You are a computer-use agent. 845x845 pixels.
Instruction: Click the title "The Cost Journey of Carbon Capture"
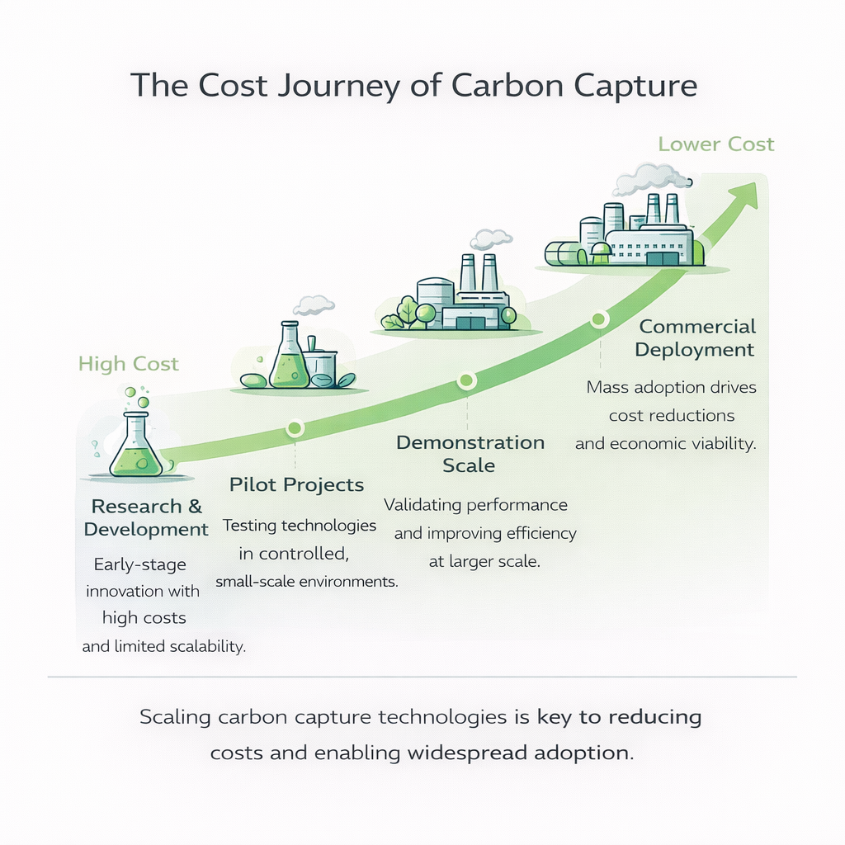point(413,85)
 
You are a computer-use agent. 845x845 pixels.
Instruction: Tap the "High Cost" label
point(129,364)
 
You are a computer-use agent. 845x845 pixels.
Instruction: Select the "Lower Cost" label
point(715,144)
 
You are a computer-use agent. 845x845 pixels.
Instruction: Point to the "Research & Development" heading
point(146,517)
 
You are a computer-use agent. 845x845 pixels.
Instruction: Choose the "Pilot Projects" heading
point(296,484)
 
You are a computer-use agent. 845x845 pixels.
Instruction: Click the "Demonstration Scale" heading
point(470,453)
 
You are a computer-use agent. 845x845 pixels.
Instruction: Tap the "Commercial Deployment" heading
point(696,338)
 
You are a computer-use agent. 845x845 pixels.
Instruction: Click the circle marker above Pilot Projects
point(295,427)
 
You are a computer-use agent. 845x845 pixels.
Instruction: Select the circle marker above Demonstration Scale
point(467,380)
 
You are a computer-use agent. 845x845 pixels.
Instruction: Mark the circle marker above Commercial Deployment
point(599,319)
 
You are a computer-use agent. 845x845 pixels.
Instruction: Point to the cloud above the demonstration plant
point(490,239)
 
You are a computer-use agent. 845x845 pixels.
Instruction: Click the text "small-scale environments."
point(307,582)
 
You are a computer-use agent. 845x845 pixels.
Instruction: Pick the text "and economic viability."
point(666,444)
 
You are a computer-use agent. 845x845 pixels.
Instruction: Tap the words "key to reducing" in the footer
point(619,716)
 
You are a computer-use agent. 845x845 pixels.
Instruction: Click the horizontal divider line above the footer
point(422,677)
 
